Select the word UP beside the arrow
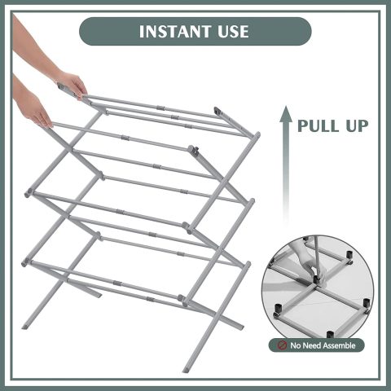point(356,125)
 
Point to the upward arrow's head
point(285,113)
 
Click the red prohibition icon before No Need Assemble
point(282,345)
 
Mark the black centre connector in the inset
point(316,279)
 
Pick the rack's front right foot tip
point(186,369)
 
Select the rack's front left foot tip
point(25,326)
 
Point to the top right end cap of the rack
point(217,112)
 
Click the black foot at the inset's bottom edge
point(330,334)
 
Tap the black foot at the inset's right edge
point(367,303)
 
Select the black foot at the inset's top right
point(349,255)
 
